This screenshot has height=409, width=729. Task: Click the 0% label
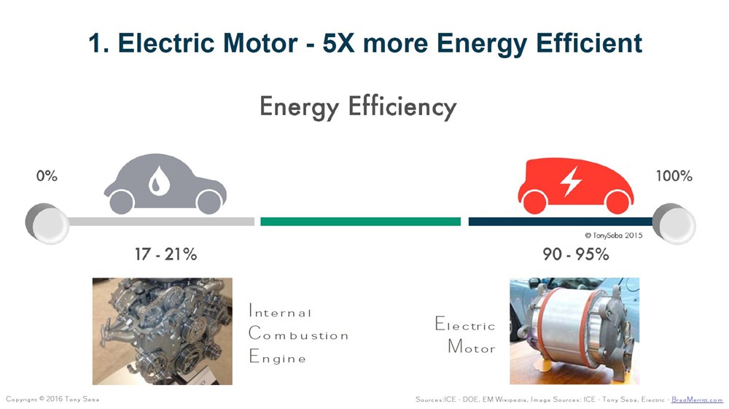click(x=47, y=176)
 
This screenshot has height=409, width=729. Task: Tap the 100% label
click(x=674, y=176)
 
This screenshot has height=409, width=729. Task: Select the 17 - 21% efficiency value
click(x=166, y=254)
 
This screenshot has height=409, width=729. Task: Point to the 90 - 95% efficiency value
click(x=576, y=254)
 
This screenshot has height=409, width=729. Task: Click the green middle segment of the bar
click(x=360, y=222)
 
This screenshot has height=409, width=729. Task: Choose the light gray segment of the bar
click(x=160, y=222)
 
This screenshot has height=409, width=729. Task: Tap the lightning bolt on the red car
click(x=571, y=182)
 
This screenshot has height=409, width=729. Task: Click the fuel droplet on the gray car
click(x=158, y=180)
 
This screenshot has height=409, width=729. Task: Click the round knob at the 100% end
click(x=674, y=225)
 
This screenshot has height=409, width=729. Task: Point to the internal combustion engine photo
click(x=163, y=332)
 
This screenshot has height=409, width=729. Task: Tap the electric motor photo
click(x=574, y=331)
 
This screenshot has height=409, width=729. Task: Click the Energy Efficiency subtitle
click(x=358, y=107)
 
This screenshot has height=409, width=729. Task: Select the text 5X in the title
click(x=338, y=43)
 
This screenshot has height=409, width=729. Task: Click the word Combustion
click(x=298, y=334)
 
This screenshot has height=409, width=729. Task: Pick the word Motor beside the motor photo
click(x=472, y=347)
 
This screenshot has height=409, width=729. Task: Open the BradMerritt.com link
click(x=697, y=400)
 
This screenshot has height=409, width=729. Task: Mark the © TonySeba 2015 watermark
click(x=613, y=235)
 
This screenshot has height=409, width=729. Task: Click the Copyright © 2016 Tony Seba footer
click(x=52, y=400)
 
